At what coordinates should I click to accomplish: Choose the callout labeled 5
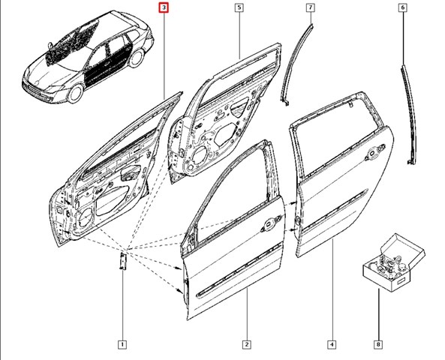click(x=238, y=8)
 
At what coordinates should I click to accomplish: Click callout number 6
click(x=402, y=8)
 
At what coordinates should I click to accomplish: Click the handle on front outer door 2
click(x=269, y=223)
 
